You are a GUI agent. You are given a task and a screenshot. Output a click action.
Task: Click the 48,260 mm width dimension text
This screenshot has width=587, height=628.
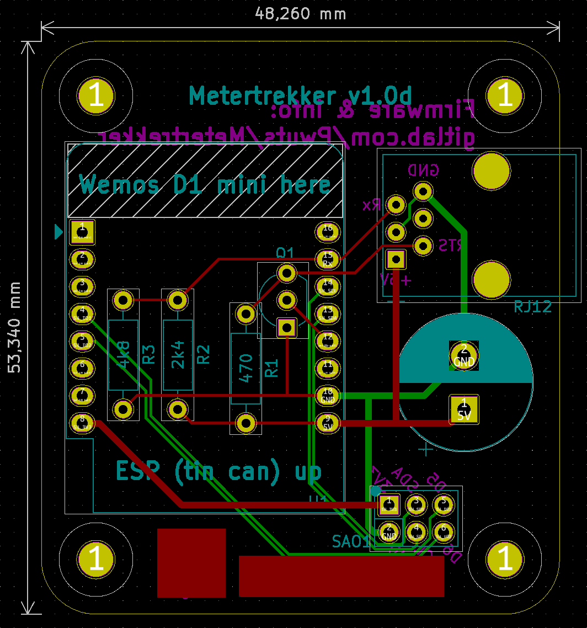click(301, 14)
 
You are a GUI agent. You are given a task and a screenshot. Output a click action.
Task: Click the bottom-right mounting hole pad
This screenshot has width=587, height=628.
click(505, 559)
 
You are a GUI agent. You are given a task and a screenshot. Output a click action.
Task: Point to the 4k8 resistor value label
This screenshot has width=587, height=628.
click(123, 354)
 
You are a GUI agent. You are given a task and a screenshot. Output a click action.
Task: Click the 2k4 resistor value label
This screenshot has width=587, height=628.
click(178, 354)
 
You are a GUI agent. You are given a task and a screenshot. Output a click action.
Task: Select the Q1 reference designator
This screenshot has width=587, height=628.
click(285, 253)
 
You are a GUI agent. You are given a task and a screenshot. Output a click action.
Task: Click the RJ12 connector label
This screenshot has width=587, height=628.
click(532, 306)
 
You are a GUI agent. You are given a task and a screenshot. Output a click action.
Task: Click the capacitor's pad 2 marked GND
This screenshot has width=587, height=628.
click(464, 355)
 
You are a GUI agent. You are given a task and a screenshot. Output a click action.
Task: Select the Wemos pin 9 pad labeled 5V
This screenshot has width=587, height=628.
click(328, 423)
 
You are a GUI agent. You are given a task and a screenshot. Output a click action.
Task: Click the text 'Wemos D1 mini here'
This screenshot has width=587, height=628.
click(205, 185)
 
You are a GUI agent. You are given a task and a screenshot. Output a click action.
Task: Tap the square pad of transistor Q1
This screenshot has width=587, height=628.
click(287, 328)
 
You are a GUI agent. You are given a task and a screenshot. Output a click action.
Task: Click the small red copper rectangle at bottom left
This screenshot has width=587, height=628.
click(191, 563)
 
